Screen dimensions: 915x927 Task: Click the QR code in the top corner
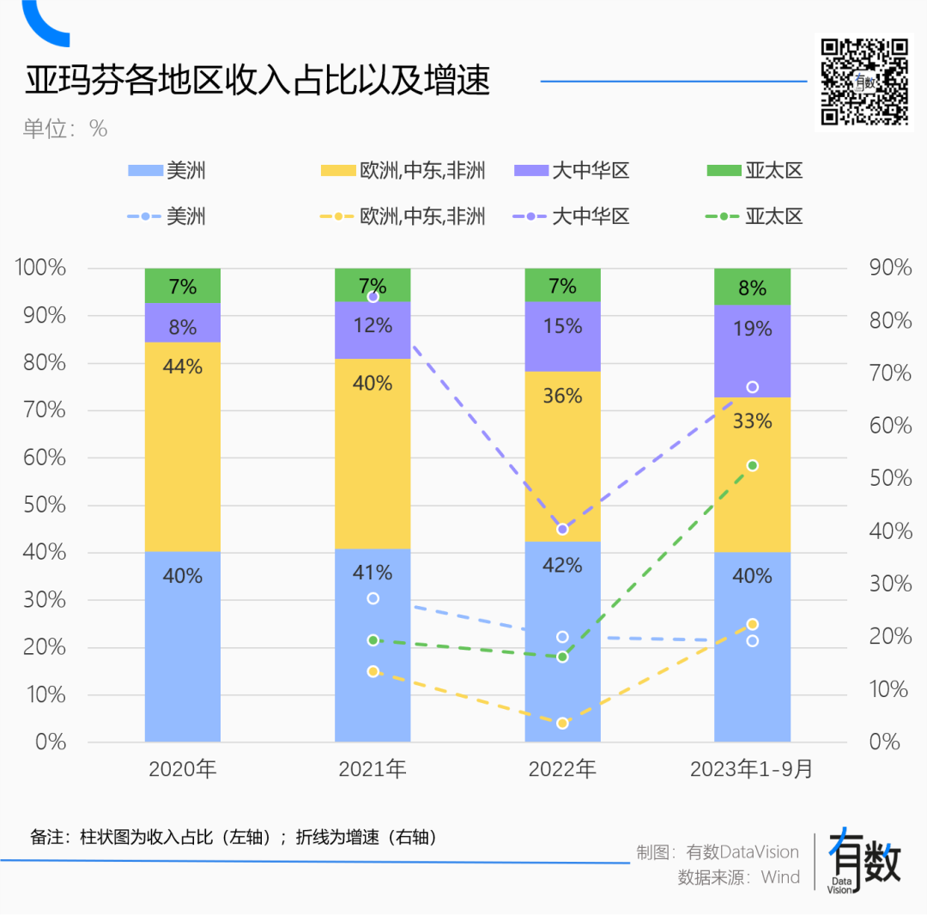[864, 82]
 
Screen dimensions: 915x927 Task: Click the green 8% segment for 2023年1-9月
[752, 287]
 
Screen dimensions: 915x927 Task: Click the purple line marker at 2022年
[562, 529]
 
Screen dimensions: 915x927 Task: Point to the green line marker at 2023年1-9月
[753, 465]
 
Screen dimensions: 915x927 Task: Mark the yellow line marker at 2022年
[562, 724]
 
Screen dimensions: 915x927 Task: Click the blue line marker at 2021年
[373, 598]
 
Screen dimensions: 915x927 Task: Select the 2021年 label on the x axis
[373, 769]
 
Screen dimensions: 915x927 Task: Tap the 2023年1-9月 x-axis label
[752, 769]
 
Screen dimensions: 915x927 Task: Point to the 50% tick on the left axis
[40, 505]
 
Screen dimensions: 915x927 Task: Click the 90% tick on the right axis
[890, 268]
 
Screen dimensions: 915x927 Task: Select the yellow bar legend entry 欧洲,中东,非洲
[403, 171]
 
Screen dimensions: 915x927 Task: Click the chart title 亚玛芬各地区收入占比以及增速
[257, 82]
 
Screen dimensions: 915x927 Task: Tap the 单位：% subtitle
[65, 129]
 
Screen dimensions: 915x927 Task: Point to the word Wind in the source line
[780, 877]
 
